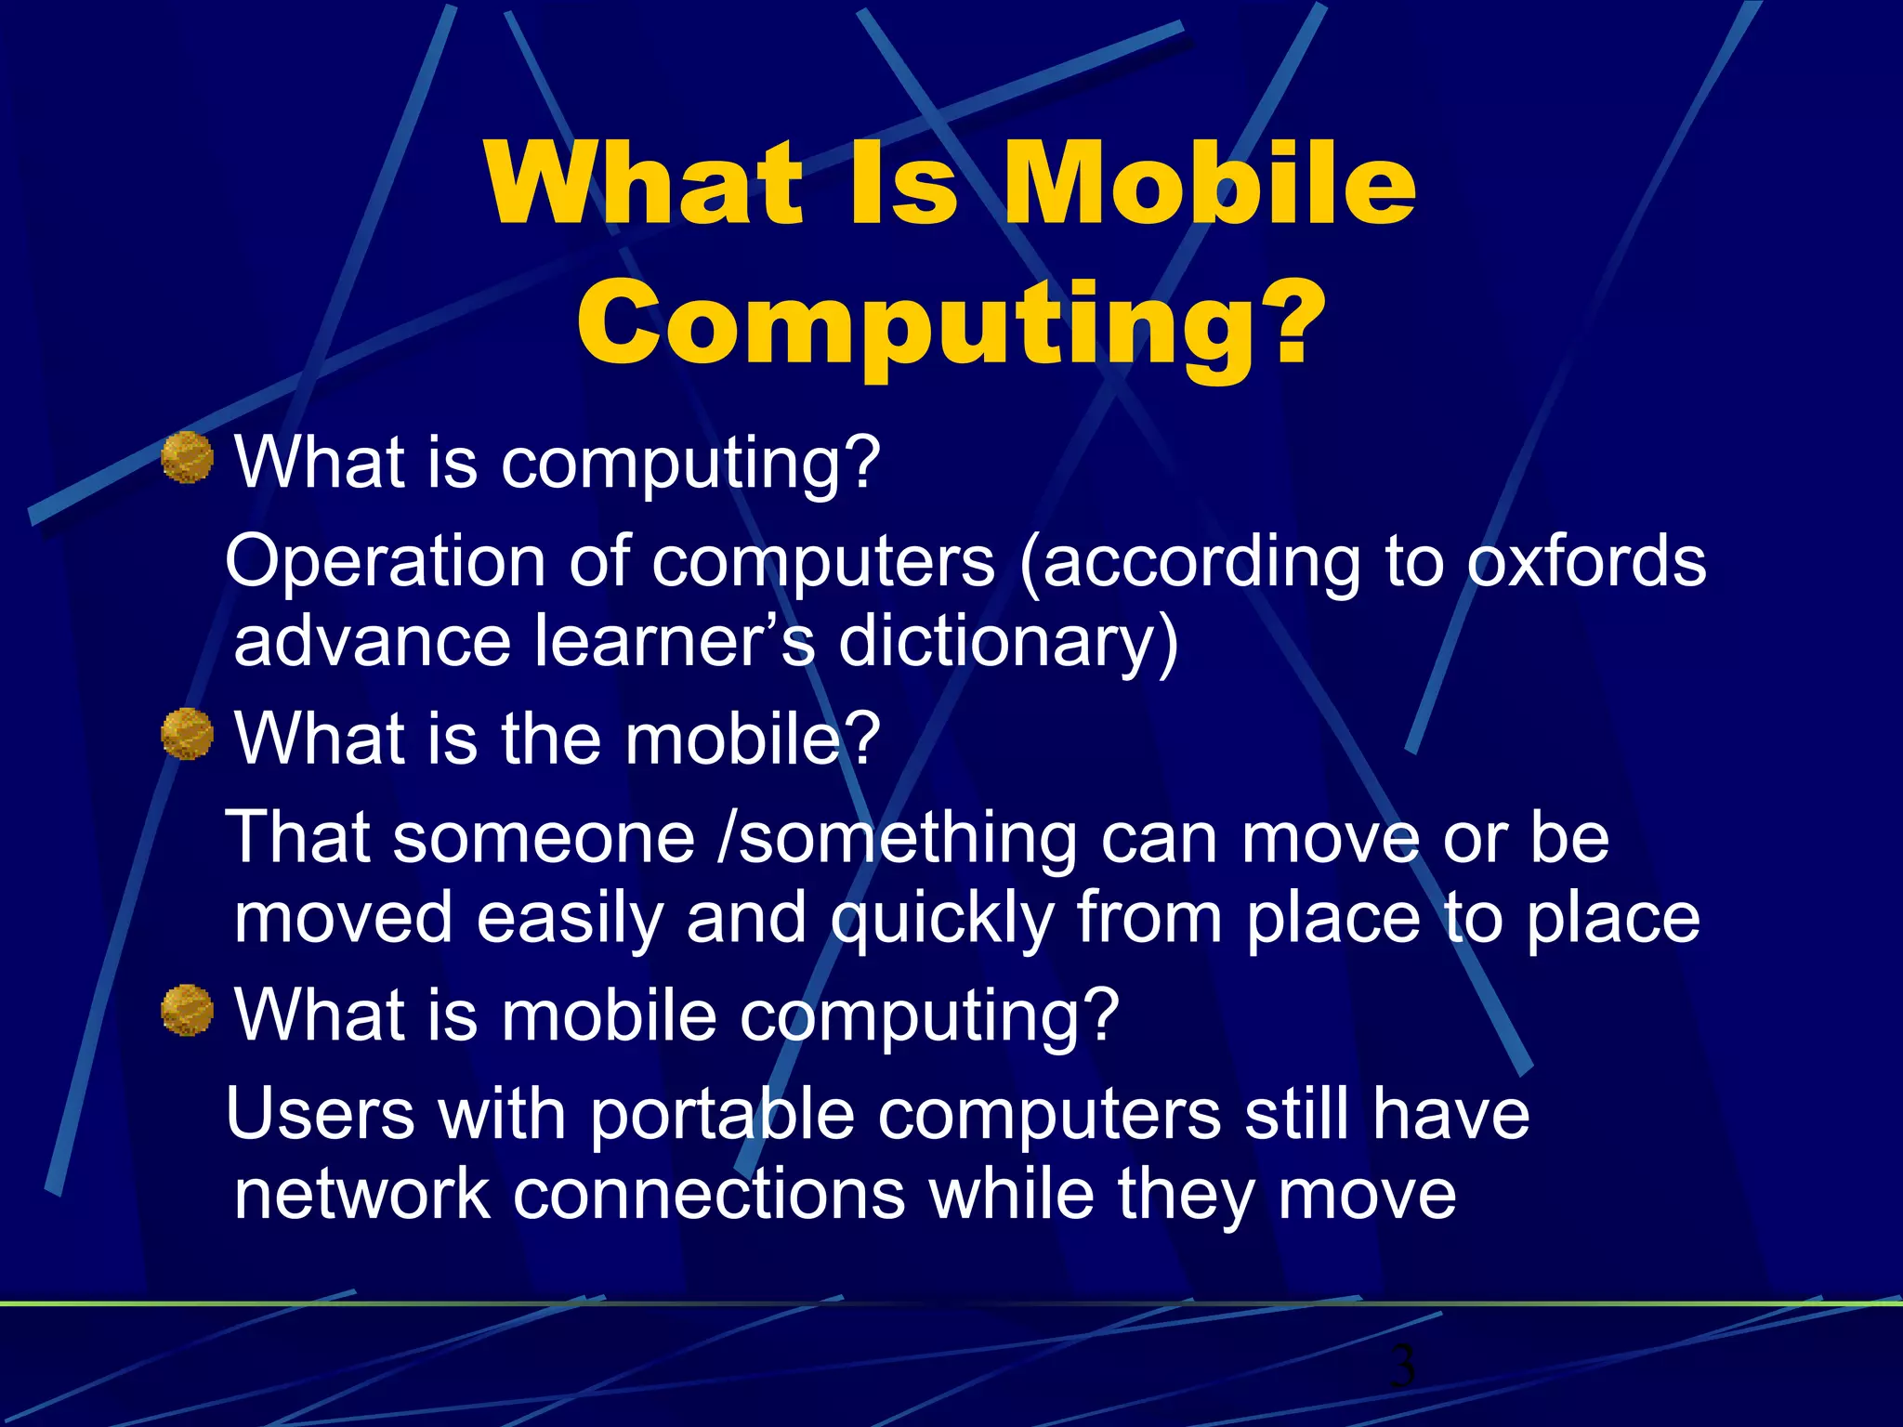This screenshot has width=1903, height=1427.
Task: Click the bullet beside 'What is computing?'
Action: [188, 458]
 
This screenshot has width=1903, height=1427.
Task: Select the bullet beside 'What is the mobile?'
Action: [188, 734]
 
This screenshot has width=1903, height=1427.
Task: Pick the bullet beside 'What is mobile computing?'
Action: [188, 1010]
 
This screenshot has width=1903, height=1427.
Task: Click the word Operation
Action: [385, 562]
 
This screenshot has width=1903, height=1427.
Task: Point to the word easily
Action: [569, 918]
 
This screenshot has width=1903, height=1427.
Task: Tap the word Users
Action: [320, 1114]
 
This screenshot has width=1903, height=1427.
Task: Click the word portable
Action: [722, 1114]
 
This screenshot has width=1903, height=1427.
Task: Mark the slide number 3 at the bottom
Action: [1402, 1366]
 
